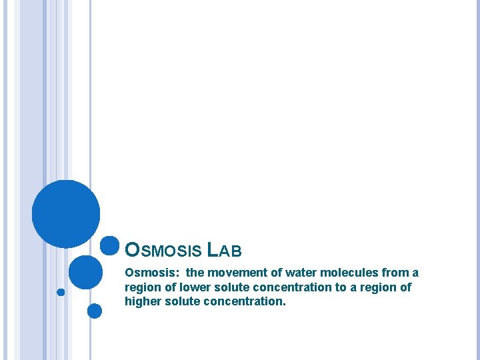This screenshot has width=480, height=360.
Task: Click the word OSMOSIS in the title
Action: point(163,251)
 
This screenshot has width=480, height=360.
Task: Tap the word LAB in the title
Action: point(225,251)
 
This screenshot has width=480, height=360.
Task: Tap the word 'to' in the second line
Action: point(341,287)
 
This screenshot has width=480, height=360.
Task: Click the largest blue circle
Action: point(66,214)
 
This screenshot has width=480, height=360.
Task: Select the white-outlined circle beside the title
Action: point(109,246)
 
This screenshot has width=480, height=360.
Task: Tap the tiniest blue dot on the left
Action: point(61,292)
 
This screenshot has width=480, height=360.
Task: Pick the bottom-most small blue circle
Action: point(95,311)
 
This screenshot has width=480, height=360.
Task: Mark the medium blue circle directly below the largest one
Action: point(85,272)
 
